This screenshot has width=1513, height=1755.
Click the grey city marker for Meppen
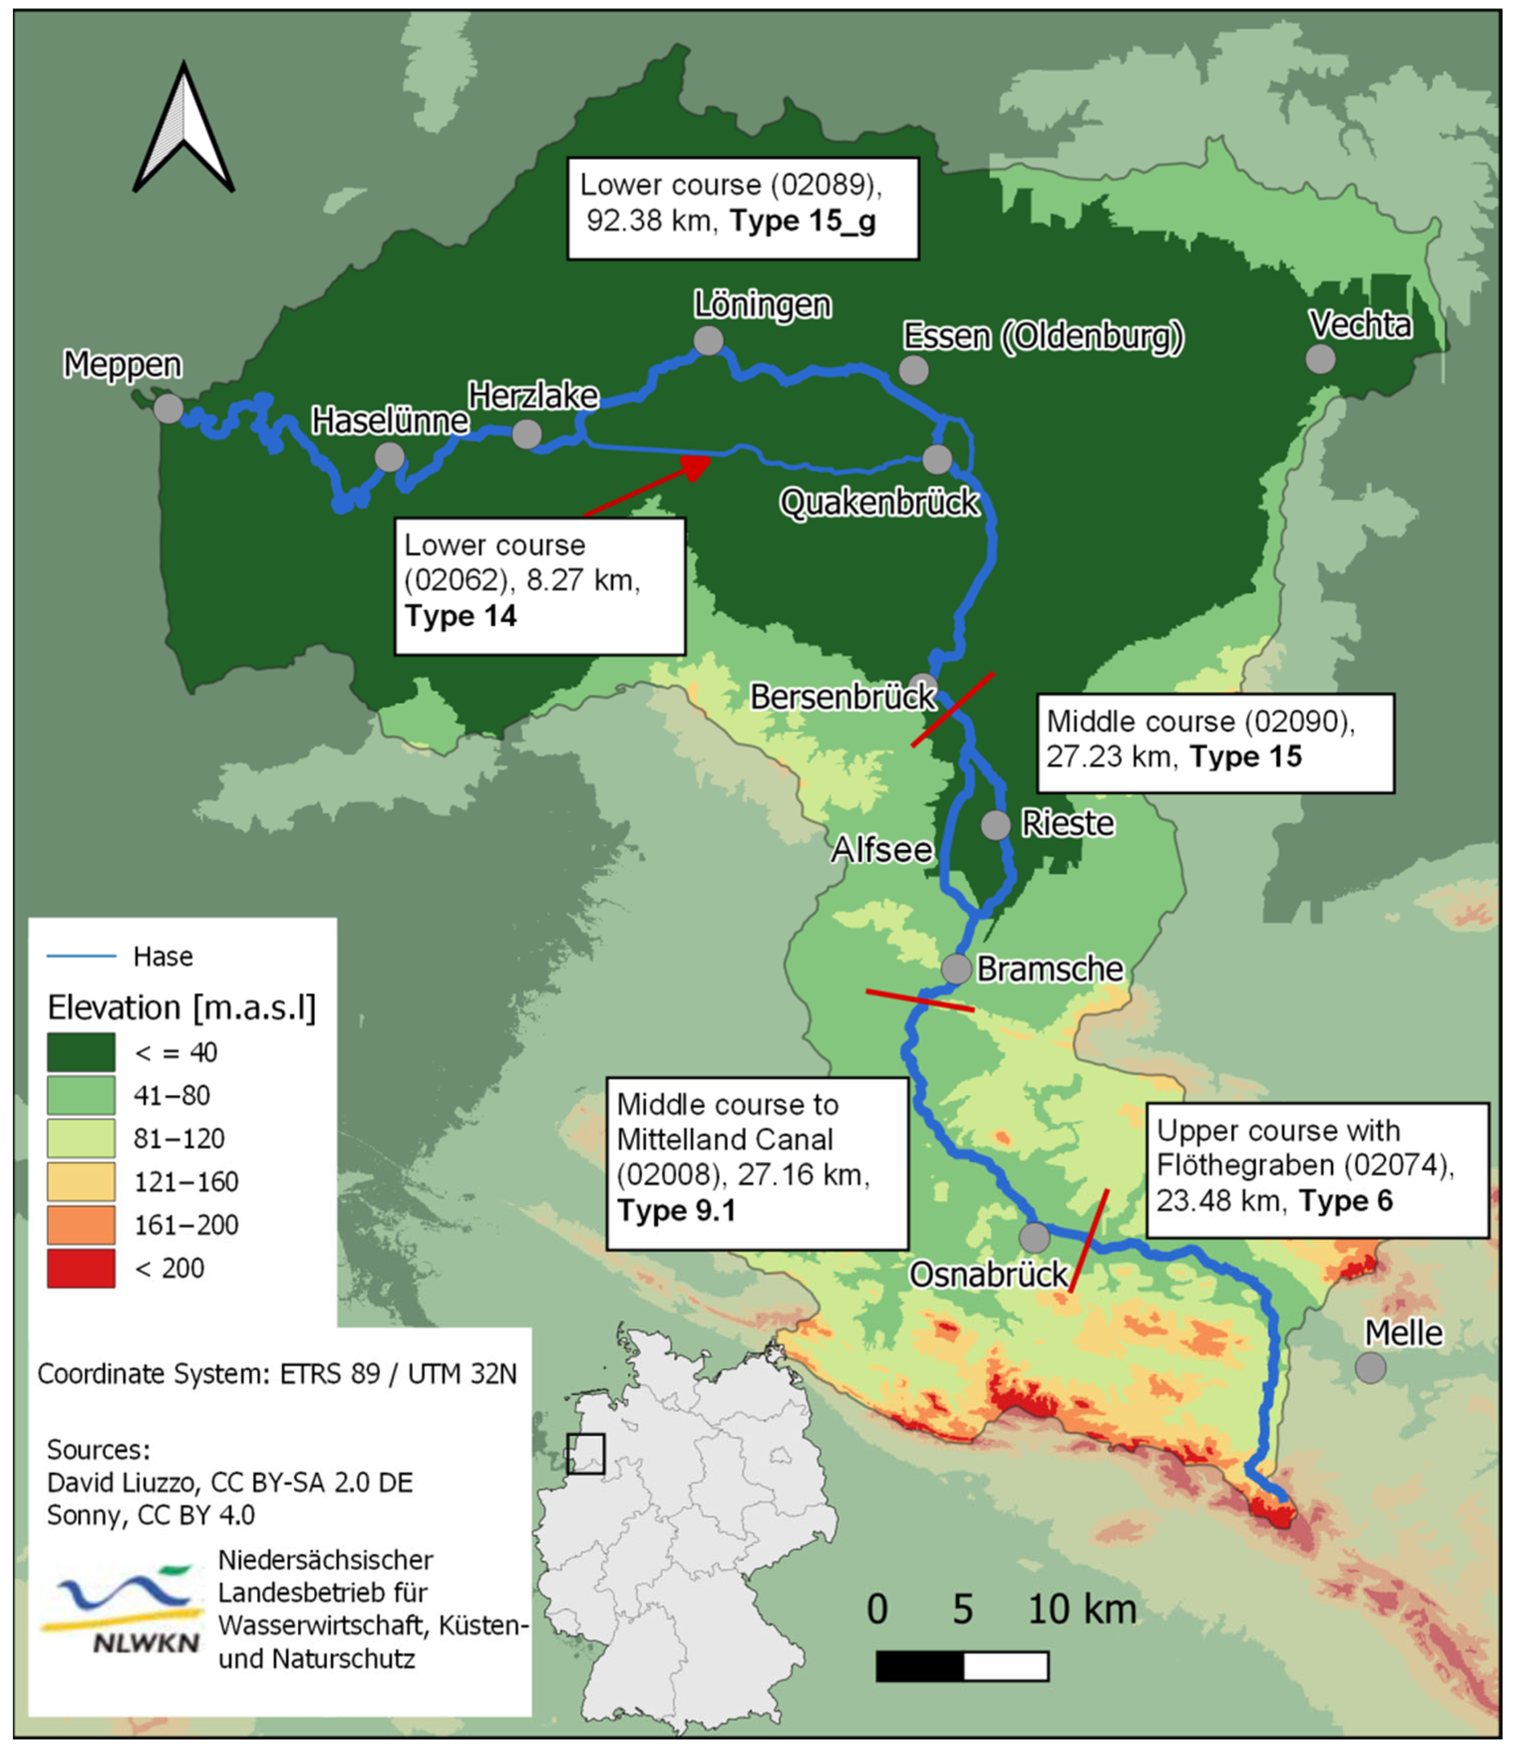[168, 408]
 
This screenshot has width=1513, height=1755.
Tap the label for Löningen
[762, 305]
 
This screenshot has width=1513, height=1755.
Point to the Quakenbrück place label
[879, 503]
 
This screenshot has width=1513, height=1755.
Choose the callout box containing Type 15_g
[742, 207]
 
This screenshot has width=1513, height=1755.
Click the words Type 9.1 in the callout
[676, 1210]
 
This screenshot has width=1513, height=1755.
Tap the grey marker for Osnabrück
[1034, 1237]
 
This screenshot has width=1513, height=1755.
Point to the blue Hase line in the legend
[81, 956]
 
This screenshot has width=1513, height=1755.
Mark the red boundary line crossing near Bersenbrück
[952, 710]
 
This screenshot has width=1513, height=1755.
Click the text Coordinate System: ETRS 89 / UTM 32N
[277, 1373]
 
